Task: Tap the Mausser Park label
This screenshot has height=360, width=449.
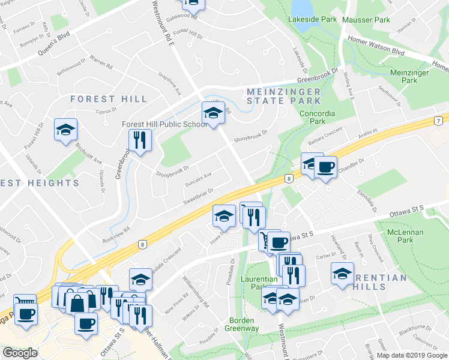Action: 366,20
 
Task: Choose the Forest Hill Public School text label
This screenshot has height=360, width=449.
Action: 164,124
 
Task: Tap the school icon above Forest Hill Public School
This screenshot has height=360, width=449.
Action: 212,113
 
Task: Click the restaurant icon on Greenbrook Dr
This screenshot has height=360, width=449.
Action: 139,141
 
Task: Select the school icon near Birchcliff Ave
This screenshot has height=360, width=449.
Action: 66,130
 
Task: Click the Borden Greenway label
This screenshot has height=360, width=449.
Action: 242,324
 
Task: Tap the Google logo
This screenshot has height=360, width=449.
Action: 20,353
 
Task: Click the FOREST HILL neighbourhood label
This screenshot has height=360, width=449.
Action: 109,99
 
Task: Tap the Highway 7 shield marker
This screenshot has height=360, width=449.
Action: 439,121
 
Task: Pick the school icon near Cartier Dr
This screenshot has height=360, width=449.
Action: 343,275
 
